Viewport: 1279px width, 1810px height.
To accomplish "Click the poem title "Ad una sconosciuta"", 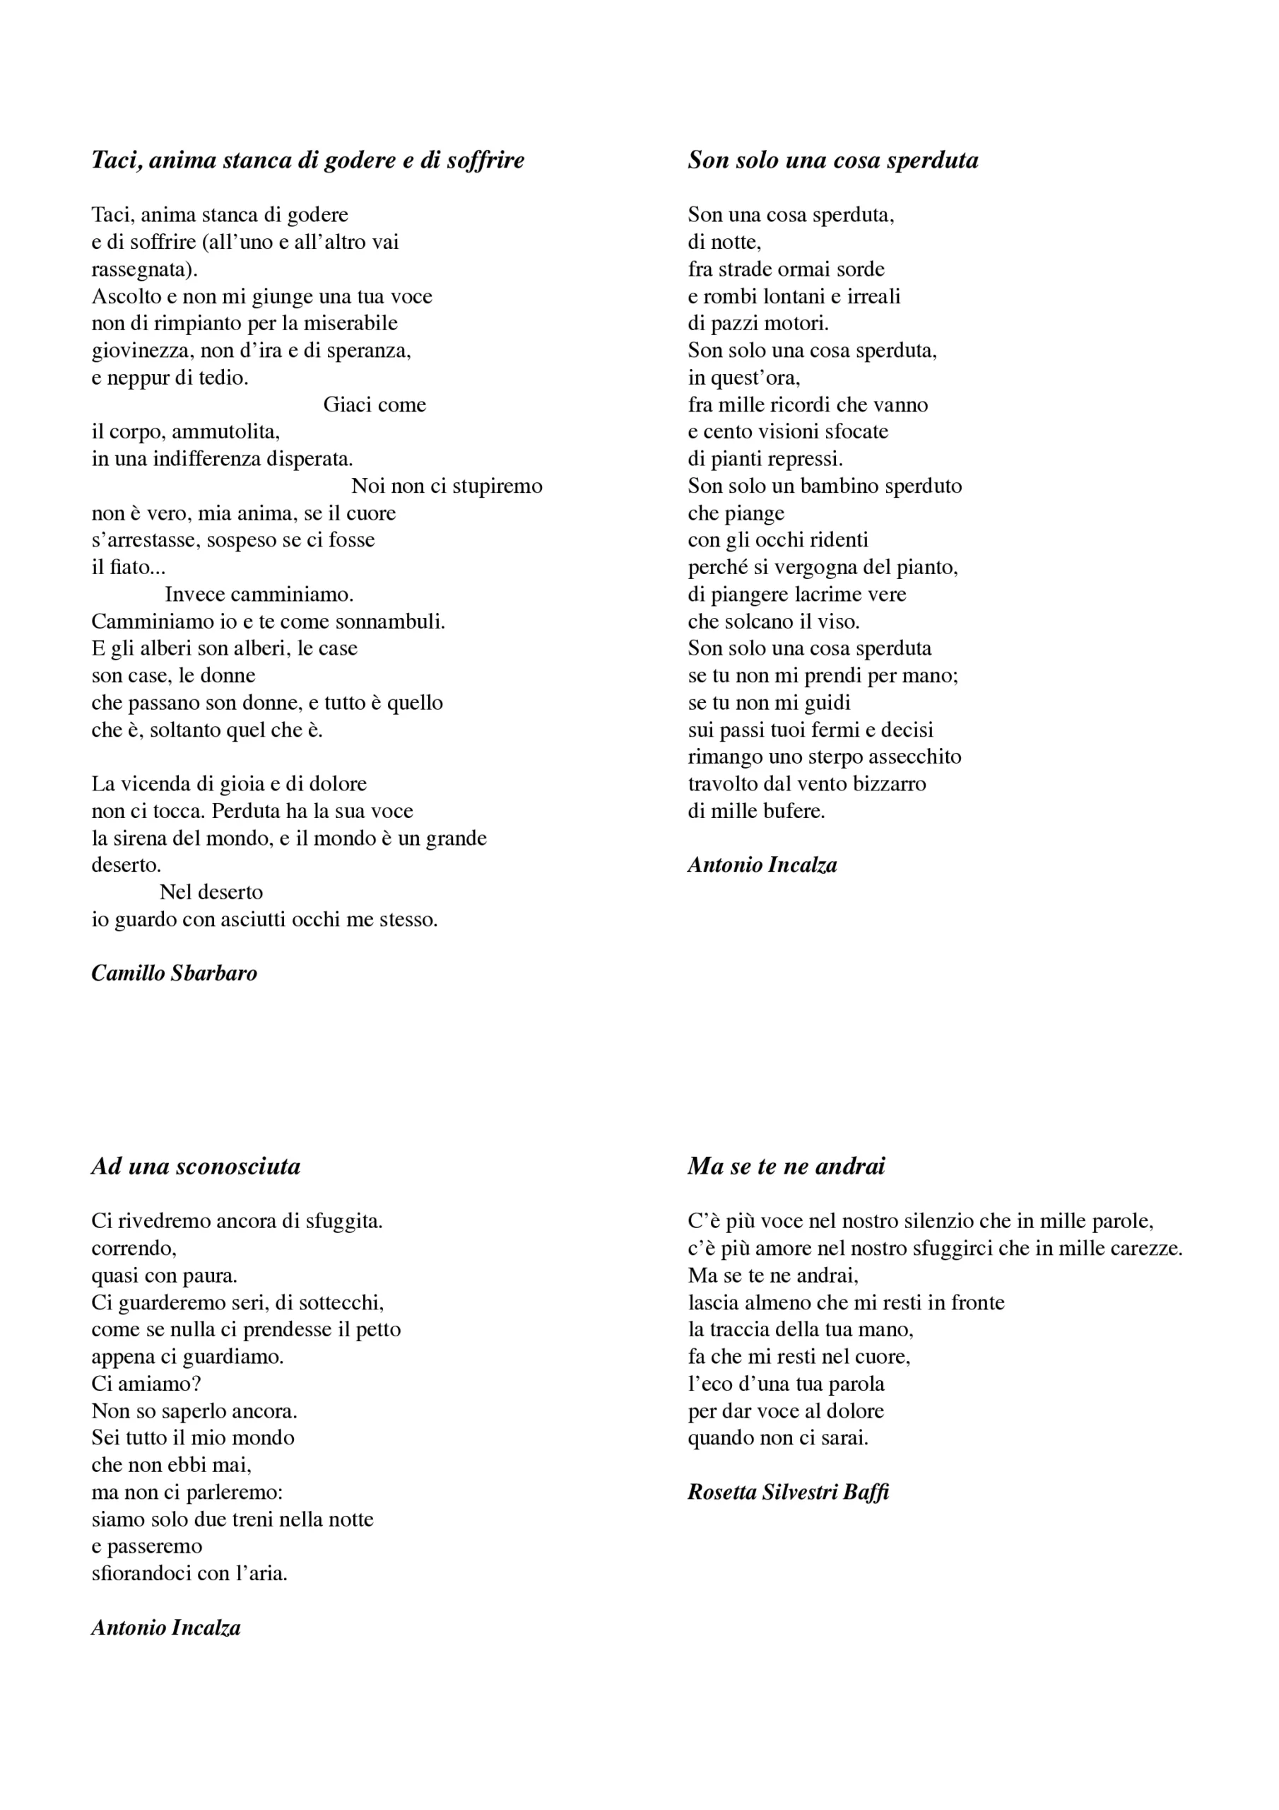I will coord(196,1166).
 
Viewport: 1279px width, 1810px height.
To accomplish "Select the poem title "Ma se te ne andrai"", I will coord(786,1166).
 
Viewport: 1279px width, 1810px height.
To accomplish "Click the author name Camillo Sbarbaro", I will coord(174,973).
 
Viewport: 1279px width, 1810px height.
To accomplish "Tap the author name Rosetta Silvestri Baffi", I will coord(787,1492).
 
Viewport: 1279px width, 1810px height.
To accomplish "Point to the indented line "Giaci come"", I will coord(375,404).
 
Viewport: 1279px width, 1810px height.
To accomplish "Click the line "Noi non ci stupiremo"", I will coord(447,486).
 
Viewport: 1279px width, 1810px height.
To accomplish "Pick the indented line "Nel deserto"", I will coord(211,892).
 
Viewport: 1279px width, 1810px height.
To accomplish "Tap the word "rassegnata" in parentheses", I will coord(141,269).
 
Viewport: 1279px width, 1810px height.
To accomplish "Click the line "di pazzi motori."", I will coord(758,323).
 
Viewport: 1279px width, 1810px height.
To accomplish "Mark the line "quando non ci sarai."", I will coord(778,1437).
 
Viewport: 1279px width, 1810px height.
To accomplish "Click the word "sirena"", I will coord(141,838).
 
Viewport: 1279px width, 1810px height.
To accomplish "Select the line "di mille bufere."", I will coord(755,810).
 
